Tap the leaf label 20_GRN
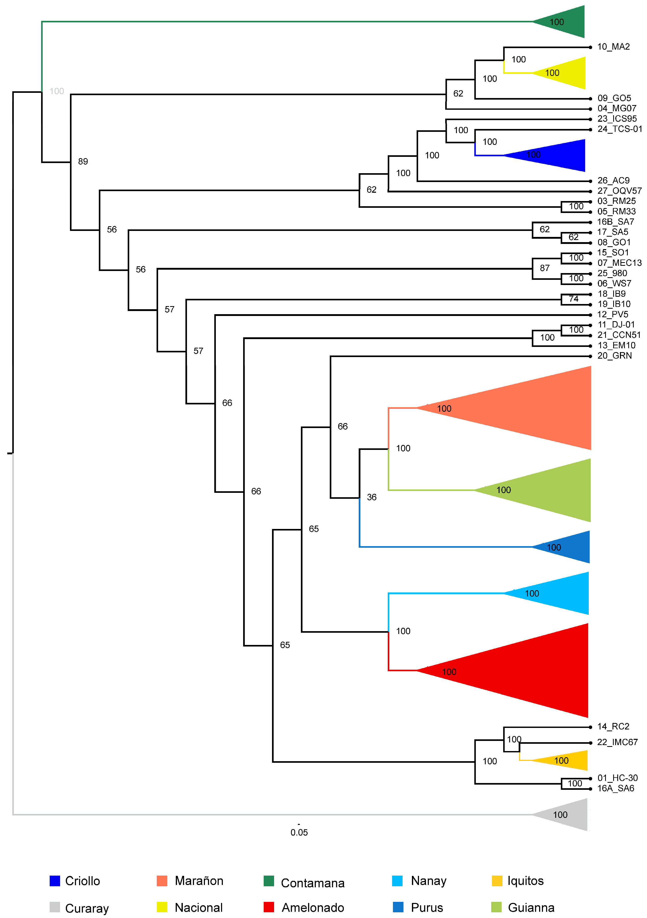click(614, 355)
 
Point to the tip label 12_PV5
click(613, 314)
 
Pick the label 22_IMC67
click(617, 742)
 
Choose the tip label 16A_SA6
click(616, 788)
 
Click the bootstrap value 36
click(372, 497)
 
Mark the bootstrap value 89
click(83, 161)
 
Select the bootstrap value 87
click(544, 268)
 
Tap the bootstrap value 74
click(573, 299)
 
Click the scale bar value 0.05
click(299, 832)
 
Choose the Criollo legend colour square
click(55, 881)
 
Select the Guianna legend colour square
click(496, 907)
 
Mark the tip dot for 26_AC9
click(590, 181)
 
